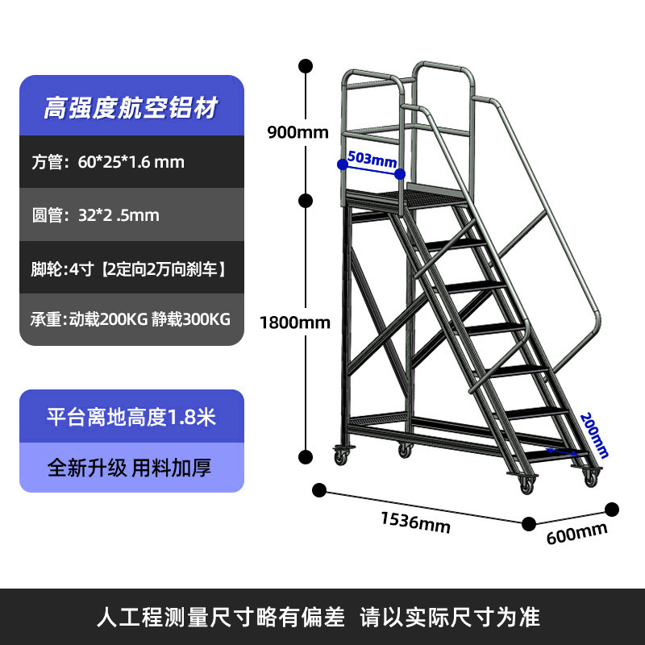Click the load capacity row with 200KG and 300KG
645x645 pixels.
131,319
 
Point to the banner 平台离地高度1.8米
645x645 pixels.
131,417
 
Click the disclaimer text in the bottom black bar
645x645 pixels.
322,618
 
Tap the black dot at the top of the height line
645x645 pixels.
306,65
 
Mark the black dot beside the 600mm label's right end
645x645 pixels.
612,510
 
